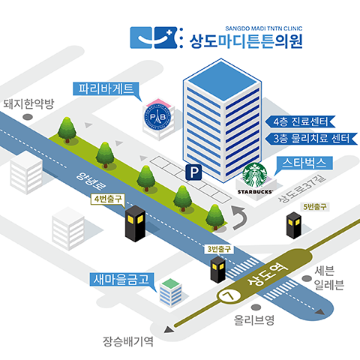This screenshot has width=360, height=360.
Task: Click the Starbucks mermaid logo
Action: [x=254, y=175]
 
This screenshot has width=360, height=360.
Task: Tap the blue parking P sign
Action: [x=193, y=172]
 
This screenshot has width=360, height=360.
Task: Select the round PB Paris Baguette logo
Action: [x=157, y=117]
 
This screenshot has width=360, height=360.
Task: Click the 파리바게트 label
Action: [x=106, y=88]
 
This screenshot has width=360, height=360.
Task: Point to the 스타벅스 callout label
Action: [x=304, y=163]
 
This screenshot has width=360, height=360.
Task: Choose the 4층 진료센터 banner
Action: [x=300, y=121]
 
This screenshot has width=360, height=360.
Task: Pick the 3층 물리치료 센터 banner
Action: [x=311, y=139]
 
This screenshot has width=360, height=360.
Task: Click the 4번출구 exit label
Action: [x=108, y=199]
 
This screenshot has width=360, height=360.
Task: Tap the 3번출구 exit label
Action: [x=219, y=249]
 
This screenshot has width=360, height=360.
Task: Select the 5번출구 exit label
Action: [x=315, y=207]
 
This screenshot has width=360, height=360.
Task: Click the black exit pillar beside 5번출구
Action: [x=294, y=225]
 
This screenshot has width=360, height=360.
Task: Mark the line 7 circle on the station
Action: [x=229, y=295]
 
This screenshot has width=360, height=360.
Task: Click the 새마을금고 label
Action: [x=122, y=279]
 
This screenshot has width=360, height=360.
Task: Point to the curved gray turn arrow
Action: [x=238, y=217]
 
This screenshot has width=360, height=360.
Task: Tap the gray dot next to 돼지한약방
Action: [x=28, y=117]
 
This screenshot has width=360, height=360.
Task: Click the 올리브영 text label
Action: [x=254, y=320]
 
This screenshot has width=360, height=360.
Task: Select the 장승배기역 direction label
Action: [x=128, y=341]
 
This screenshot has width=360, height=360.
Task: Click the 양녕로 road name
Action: [x=91, y=181]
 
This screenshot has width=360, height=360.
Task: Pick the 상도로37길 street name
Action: [x=302, y=189]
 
